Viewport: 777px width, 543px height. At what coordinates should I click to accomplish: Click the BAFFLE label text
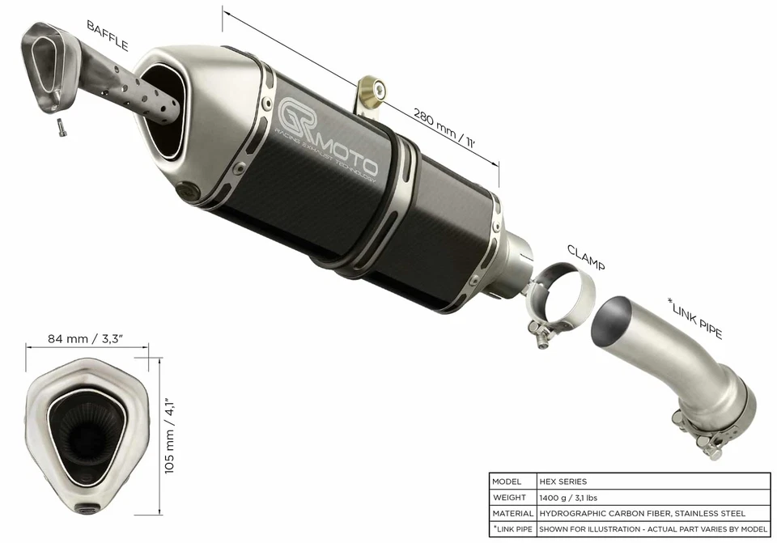(x=108, y=36)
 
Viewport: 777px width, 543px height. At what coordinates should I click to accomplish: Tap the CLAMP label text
(x=585, y=257)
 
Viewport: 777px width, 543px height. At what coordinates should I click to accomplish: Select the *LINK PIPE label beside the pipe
(x=695, y=318)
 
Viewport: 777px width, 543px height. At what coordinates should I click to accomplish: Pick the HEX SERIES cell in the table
(x=563, y=481)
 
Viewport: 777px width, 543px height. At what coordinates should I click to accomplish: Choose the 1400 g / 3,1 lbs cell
(x=575, y=498)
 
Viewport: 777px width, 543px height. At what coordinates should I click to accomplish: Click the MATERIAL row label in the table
(x=512, y=513)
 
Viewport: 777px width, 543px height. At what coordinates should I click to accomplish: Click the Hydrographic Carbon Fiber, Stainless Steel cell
(x=641, y=513)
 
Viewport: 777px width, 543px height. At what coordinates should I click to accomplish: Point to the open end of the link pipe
(x=615, y=323)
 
